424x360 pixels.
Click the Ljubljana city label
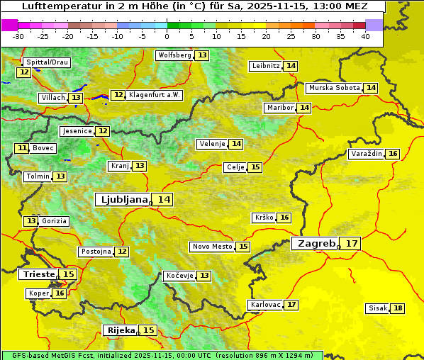(x=122, y=200)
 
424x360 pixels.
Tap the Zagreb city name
(x=316, y=244)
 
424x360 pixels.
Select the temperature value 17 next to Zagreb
(x=352, y=244)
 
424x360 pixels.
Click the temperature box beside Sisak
(x=398, y=308)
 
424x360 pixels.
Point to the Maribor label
(x=278, y=108)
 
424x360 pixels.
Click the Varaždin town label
(x=367, y=154)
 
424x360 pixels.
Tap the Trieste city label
(x=38, y=274)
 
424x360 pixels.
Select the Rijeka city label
(x=121, y=330)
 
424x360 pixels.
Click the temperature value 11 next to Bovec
(x=23, y=148)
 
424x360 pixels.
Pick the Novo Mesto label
(x=212, y=247)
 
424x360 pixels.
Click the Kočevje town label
(x=179, y=275)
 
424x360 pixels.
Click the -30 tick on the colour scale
(x=18, y=36)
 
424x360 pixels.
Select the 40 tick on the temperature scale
(x=364, y=36)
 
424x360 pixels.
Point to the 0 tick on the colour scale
(x=167, y=36)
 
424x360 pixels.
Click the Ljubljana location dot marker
(x=151, y=203)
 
